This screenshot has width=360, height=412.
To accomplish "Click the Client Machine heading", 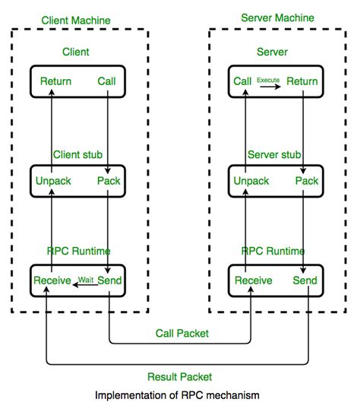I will coord(76,20).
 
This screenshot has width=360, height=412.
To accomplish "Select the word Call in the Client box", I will coord(107,81).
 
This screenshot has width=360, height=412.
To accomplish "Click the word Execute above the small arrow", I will coord(268,79).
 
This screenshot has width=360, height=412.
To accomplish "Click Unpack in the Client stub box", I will coord(53,181).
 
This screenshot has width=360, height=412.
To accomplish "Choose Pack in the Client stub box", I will coord(109,181).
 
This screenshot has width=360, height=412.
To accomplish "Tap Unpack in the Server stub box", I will coord(251,181).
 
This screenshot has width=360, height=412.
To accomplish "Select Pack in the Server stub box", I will coord(306,181).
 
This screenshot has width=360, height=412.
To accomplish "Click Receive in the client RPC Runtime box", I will coord(52,281).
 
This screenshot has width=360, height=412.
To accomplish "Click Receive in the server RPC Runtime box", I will coord(254,281).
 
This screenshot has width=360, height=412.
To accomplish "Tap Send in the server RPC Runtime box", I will coord(305,281).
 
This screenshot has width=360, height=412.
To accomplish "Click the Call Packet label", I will coord(183,334).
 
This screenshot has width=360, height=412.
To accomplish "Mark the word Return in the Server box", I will coord(302,81).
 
